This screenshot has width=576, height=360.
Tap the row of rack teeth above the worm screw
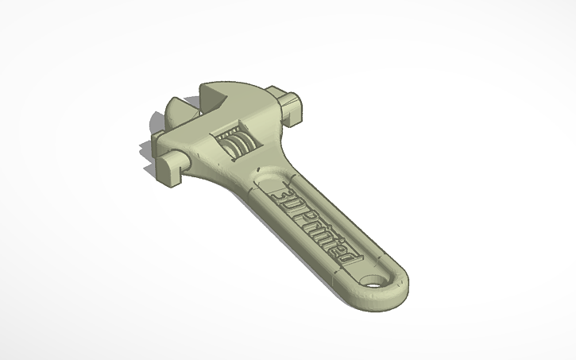(231, 131)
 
